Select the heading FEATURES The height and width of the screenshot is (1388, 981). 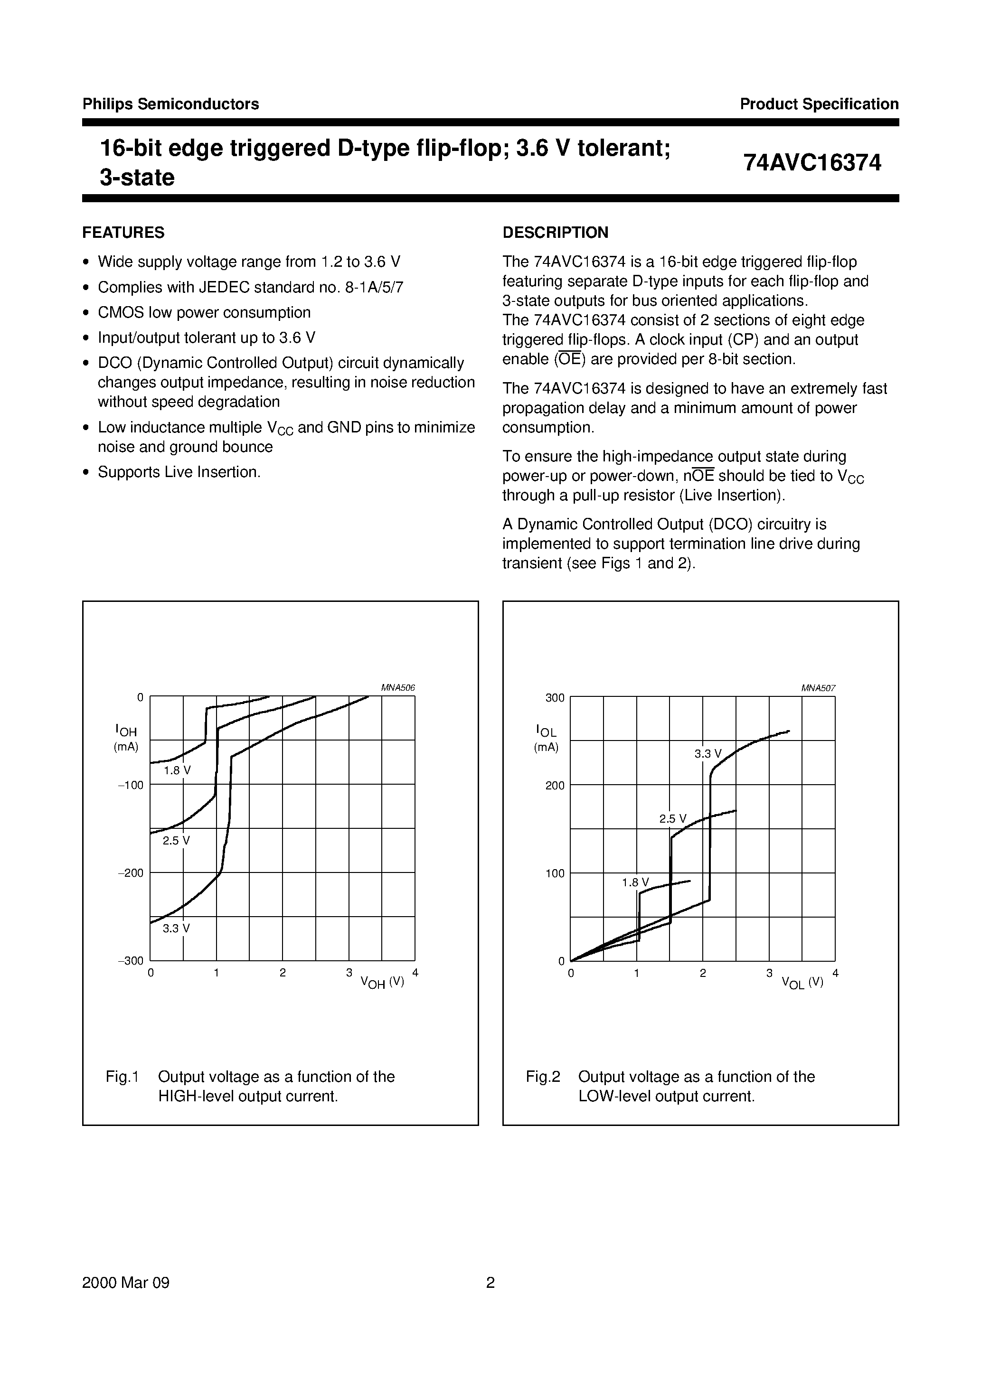(123, 233)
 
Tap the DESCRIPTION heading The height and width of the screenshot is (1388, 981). (555, 233)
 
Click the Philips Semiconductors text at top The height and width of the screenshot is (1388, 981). (170, 104)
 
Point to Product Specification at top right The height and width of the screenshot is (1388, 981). (819, 104)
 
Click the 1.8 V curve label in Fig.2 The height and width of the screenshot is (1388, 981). (635, 882)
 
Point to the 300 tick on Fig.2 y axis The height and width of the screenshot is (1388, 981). (555, 698)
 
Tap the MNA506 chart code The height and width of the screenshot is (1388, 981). (398, 688)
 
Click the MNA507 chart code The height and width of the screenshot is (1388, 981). (818, 688)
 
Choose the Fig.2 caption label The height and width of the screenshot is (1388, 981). (543, 1077)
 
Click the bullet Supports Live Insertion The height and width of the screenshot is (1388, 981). (179, 472)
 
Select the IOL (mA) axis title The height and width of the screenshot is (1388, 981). (546, 739)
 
